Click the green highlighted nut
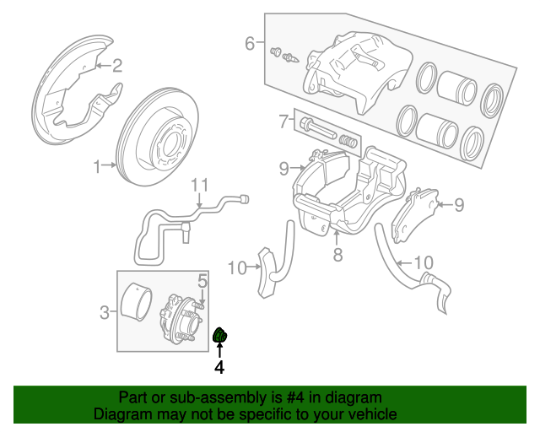pos(220,337)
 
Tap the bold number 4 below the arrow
pos(219,368)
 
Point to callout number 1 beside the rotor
pos(97,165)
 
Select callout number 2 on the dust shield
pos(117,65)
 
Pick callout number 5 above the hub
pos(202,281)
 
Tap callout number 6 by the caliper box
pos(249,43)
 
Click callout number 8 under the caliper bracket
pos(337,254)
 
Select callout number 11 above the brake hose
pos(198,186)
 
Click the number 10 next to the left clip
pos(236,268)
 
